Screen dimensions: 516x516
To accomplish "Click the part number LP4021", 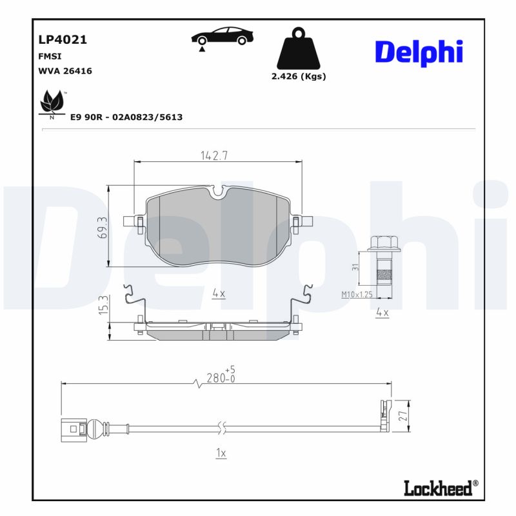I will tap(63, 39).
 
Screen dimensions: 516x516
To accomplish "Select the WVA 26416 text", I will tap(65, 72).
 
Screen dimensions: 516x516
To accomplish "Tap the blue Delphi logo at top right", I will tap(419, 52).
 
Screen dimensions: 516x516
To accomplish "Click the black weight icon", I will tap(298, 49).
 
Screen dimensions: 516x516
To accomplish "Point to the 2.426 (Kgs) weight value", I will tap(298, 76).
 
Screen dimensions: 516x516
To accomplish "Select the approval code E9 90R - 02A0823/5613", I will tap(126, 117).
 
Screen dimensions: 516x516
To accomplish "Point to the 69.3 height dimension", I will tap(102, 226).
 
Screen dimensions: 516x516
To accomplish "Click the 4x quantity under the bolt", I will tap(382, 313).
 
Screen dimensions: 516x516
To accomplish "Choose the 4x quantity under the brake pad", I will tap(218, 293).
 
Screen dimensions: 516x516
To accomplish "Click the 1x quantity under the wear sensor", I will tap(221, 453).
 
